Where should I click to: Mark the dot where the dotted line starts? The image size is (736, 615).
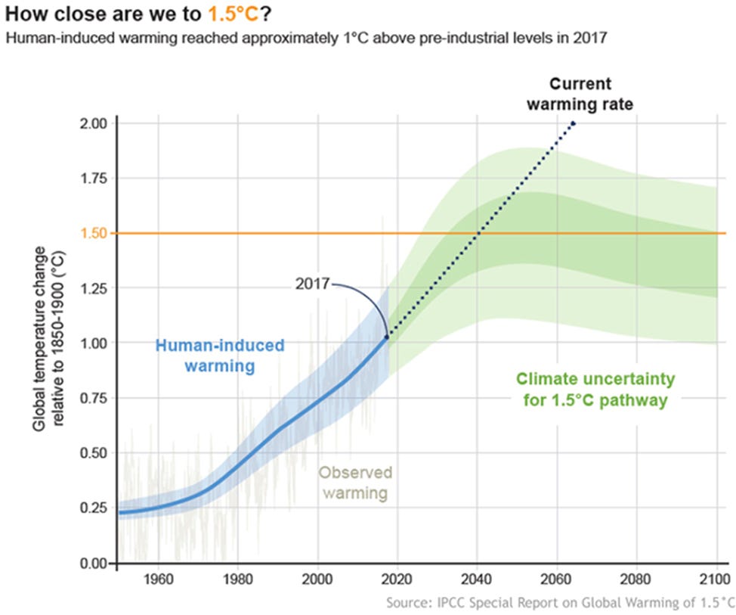pos(388,337)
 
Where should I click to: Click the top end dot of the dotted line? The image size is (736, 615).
pos(574,123)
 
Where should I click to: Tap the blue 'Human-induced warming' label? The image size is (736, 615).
pos(219,356)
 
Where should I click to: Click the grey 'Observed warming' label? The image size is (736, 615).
pos(355,483)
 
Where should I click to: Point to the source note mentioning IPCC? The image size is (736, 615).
pos(559,603)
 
